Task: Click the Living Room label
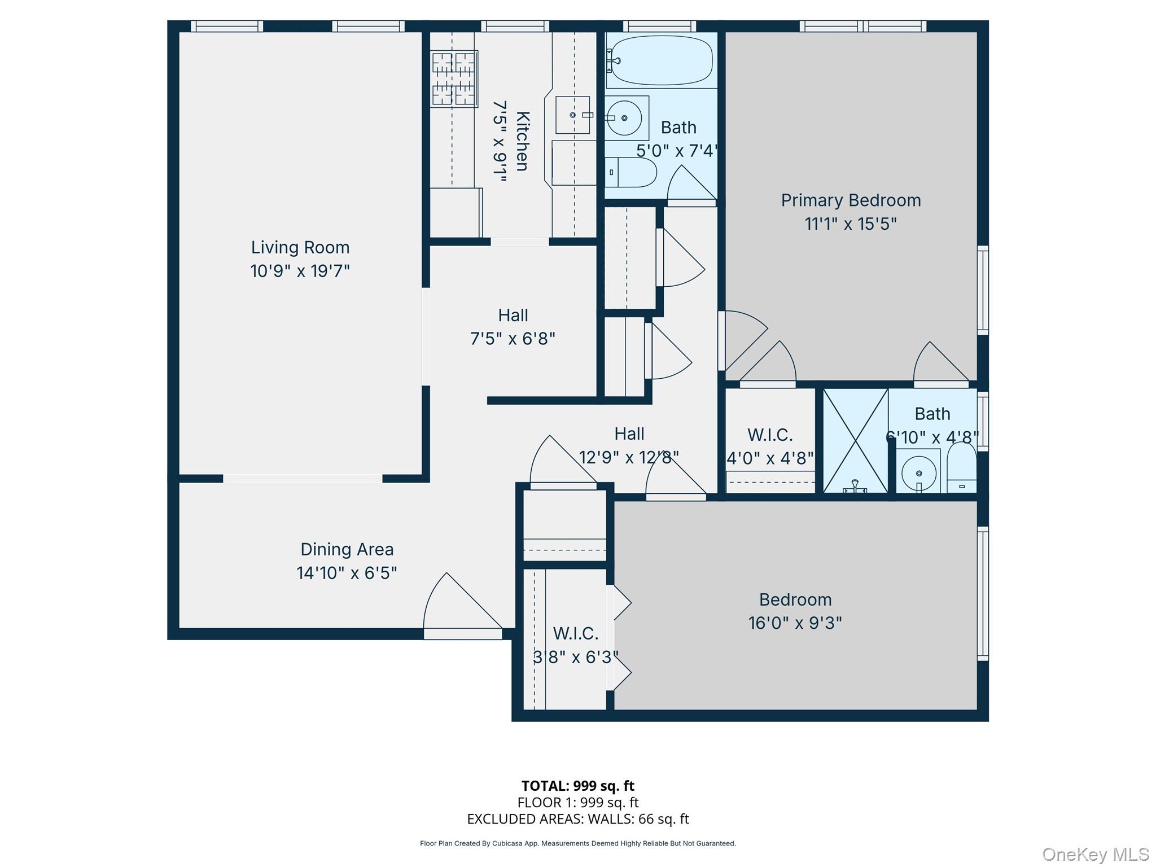point(300,247)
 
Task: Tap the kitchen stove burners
point(454,78)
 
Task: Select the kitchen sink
point(572,115)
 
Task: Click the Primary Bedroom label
point(851,200)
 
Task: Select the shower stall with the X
point(855,440)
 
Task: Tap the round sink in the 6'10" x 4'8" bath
point(918,472)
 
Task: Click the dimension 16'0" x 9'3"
point(795,623)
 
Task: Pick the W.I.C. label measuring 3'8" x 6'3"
point(575,634)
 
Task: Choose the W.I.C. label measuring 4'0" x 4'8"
point(770,435)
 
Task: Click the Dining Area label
point(347,549)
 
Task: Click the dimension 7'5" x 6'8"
point(513,339)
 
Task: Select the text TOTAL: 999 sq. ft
point(577,786)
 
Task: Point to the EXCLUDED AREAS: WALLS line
point(577,819)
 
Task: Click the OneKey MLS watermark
point(1095,854)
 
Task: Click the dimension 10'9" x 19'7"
point(300,271)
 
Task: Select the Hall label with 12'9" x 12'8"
point(629,433)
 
